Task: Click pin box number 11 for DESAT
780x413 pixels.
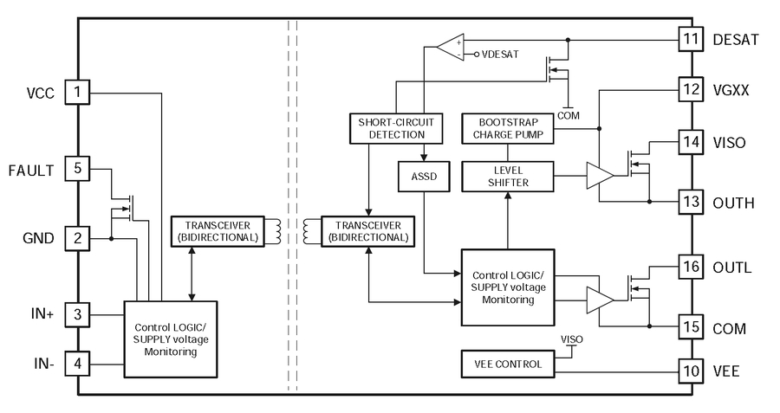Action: tap(690, 39)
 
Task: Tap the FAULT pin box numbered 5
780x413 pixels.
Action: tap(78, 169)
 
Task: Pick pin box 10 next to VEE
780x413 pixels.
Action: tap(690, 371)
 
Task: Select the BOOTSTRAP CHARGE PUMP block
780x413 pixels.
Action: tap(507, 128)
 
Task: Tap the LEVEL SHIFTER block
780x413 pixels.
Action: tap(507, 176)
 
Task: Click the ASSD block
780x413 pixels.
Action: tap(420, 176)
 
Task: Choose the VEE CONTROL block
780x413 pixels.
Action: tap(507, 364)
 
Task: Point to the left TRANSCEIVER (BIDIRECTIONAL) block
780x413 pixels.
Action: tap(217, 231)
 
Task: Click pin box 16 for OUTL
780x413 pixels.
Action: tap(690, 267)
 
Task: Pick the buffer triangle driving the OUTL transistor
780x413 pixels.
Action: tap(599, 300)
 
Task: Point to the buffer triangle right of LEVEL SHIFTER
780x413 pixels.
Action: tap(599, 176)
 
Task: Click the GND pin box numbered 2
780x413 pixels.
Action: tap(78, 238)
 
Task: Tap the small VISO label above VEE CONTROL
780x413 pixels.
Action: tap(572, 339)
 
